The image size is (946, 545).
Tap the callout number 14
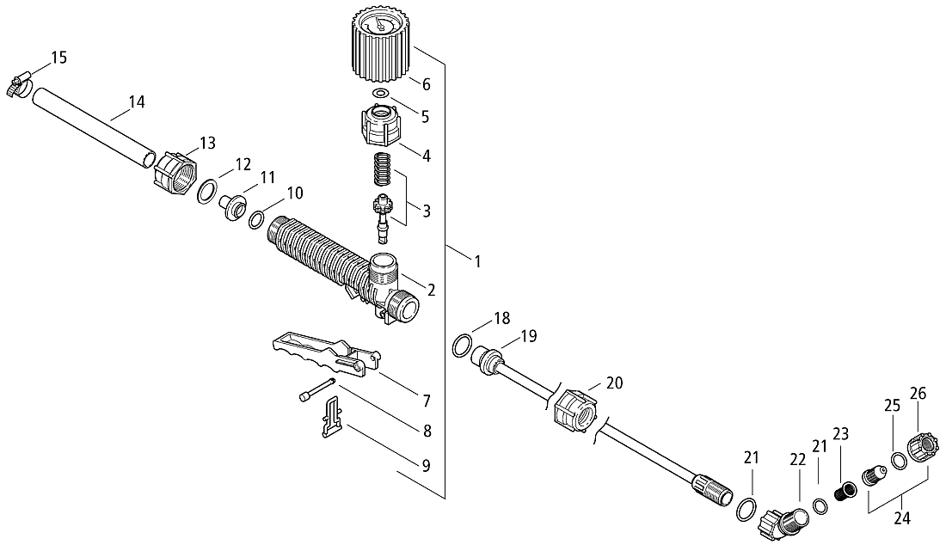tap(137, 102)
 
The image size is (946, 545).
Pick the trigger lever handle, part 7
tap(326, 355)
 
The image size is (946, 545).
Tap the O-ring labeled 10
tap(256, 219)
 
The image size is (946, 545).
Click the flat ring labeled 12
tap(208, 191)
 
